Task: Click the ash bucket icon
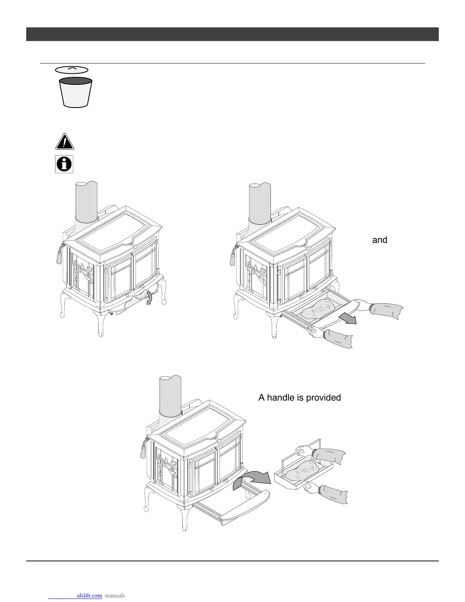tap(76, 92)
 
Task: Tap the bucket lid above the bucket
tap(72, 70)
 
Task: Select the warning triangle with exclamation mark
tap(64, 142)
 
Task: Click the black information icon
tap(64, 164)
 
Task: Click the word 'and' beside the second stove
tap(380, 240)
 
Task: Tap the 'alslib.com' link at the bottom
tap(89, 596)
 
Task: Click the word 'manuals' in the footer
tap(115, 596)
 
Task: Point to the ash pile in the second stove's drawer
tap(317, 308)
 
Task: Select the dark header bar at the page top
tap(232, 34)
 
